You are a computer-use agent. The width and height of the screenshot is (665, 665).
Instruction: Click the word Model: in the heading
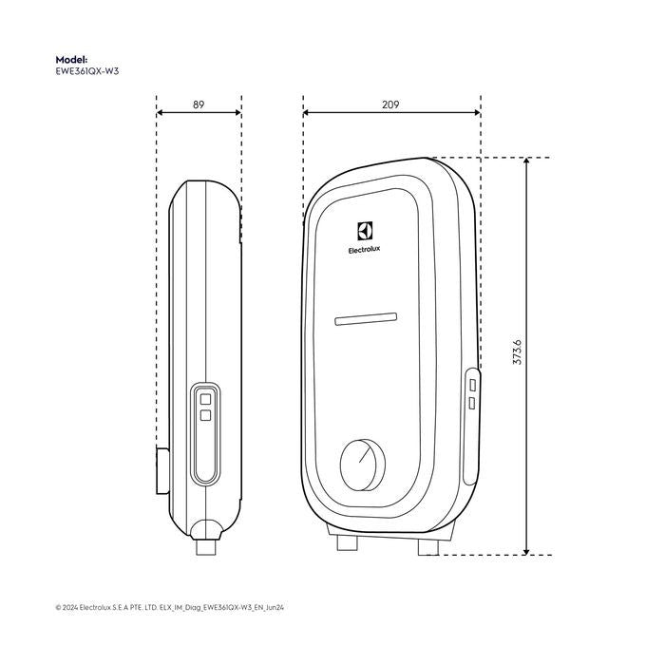pyautogui.click(x=71, y=58)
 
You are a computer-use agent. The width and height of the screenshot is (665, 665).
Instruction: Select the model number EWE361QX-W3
pyautogui.click(x=88, y=69)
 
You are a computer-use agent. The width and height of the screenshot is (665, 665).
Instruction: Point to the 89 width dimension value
pyautogui.click(x=199, y=104)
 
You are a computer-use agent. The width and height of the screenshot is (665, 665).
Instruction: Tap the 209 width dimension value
pyautogui.click(x=390, y=104)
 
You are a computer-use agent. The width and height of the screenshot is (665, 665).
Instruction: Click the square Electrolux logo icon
pyautogui.click(x=366, y=231)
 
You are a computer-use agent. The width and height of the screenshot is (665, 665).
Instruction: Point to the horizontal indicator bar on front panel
pyautogui.click(x=366, y=318)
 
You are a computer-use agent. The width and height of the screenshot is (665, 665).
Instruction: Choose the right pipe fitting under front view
pyautogui.click(x=426, y=544)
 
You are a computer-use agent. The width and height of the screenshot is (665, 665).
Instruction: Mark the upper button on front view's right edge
pyautogui.click(x=473, y=385)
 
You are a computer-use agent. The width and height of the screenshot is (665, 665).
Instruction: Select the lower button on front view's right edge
pyautogui.click(x=473, y=404)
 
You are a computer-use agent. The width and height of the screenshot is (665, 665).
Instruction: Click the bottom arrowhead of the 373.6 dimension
pyautogui.click(x=527, y=548)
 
